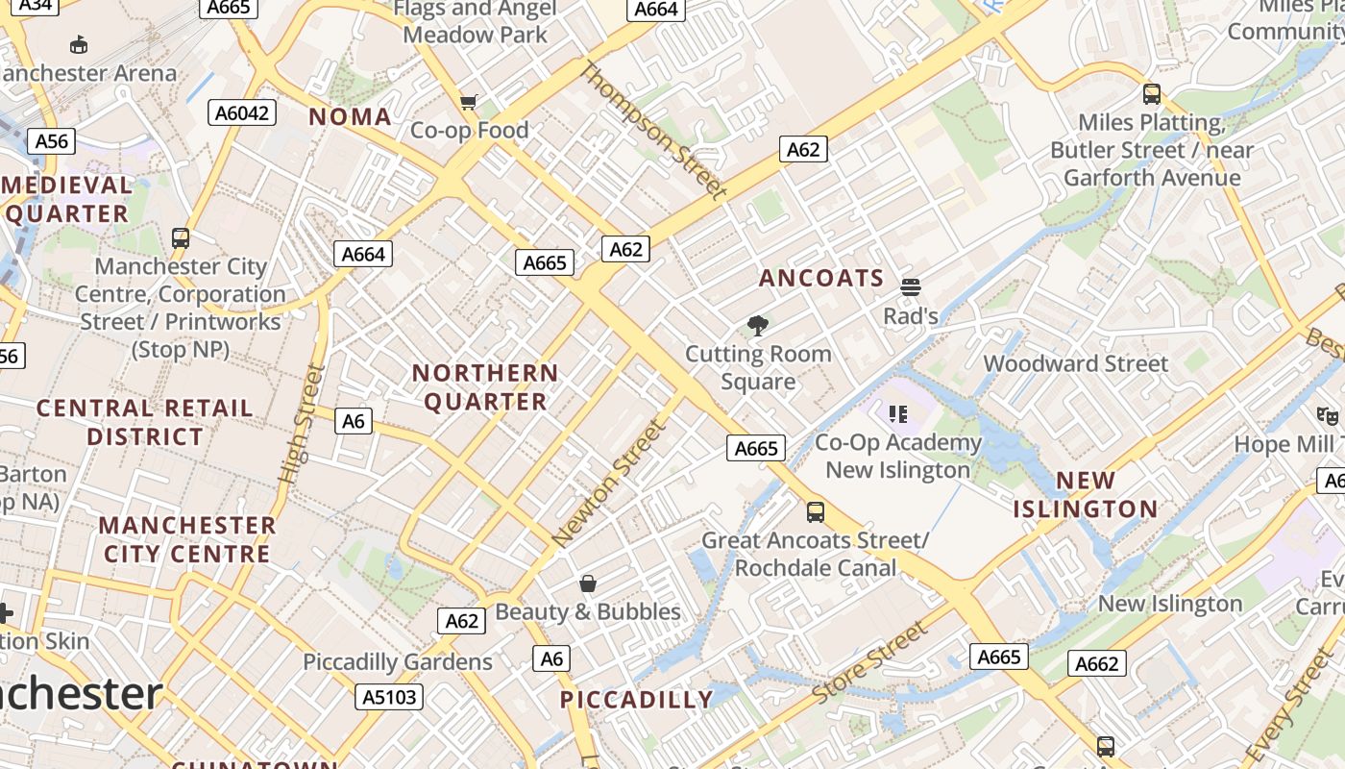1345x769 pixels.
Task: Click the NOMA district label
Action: pos(350,117)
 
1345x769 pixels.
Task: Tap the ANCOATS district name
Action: pos(821,279)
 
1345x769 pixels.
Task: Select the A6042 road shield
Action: pos(242,113)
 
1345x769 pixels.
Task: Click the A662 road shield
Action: pos(1096,663)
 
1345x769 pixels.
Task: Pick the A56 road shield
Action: pos(51,142)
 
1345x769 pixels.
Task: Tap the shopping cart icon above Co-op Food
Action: pos(469,102)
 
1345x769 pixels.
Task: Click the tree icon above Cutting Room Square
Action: pos(758,326)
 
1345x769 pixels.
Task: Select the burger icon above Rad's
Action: pos(910,286)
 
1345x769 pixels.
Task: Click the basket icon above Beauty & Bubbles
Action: pos(587,583)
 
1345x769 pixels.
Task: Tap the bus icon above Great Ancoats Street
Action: pos(815,511)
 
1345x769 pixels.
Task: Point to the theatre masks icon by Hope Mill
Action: pos(1328,416)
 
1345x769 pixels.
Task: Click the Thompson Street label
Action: pos(652,130)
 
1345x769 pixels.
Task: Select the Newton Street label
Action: pos(608,484)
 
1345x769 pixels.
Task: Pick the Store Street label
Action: pos(870,662)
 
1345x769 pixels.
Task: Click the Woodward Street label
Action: pos(1075,364)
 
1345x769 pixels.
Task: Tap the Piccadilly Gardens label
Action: pos(398,662)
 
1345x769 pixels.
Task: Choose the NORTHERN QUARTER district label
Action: pos(485,386)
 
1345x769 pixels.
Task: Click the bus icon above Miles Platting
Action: pos(1151,94)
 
